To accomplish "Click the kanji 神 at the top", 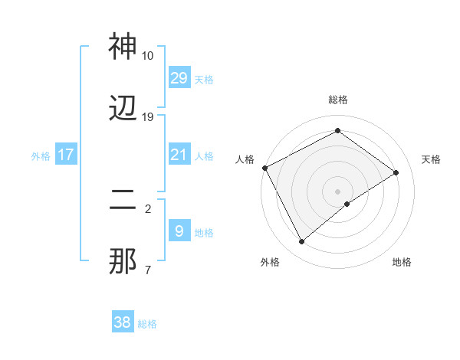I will pyautogui.click(x=123, y=47).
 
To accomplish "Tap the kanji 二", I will pyautogui.click(x=123, y=200).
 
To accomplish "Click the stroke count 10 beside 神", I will pyautogui.click(x=147, y=56).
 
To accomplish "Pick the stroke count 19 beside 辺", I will pyautogui.click(x=147, y=117).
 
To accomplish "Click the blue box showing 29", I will pyautogui.click(x=179, y=78).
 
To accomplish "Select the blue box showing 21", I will pyautogui.click(x=179, y=155).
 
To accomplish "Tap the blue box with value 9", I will pyautogui.click(x=179, y=231).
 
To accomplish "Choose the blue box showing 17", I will pyautogui.click(x=66, y=155).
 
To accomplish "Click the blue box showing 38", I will pyautogui.click(x=123, y=322).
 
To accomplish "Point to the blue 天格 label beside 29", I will pyautogui.click(x=203, y=79).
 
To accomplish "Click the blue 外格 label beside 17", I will pyautogui.click(x=41, y=155).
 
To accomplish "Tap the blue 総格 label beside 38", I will pyautogui.click(x=147, y=323).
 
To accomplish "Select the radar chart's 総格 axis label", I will pyautogui.click(x=337, y=100).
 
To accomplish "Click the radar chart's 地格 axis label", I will pyautogui.click(x=402, y=262).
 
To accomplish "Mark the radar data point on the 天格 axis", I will pyautogui.click(x=396, y=172).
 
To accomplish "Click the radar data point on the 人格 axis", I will pyautogui.click(x=264, y=168).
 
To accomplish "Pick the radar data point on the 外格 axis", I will pyautogui.click(x=301, y=241).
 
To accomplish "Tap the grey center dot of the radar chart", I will pyautogui.click(x=337, y=191).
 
